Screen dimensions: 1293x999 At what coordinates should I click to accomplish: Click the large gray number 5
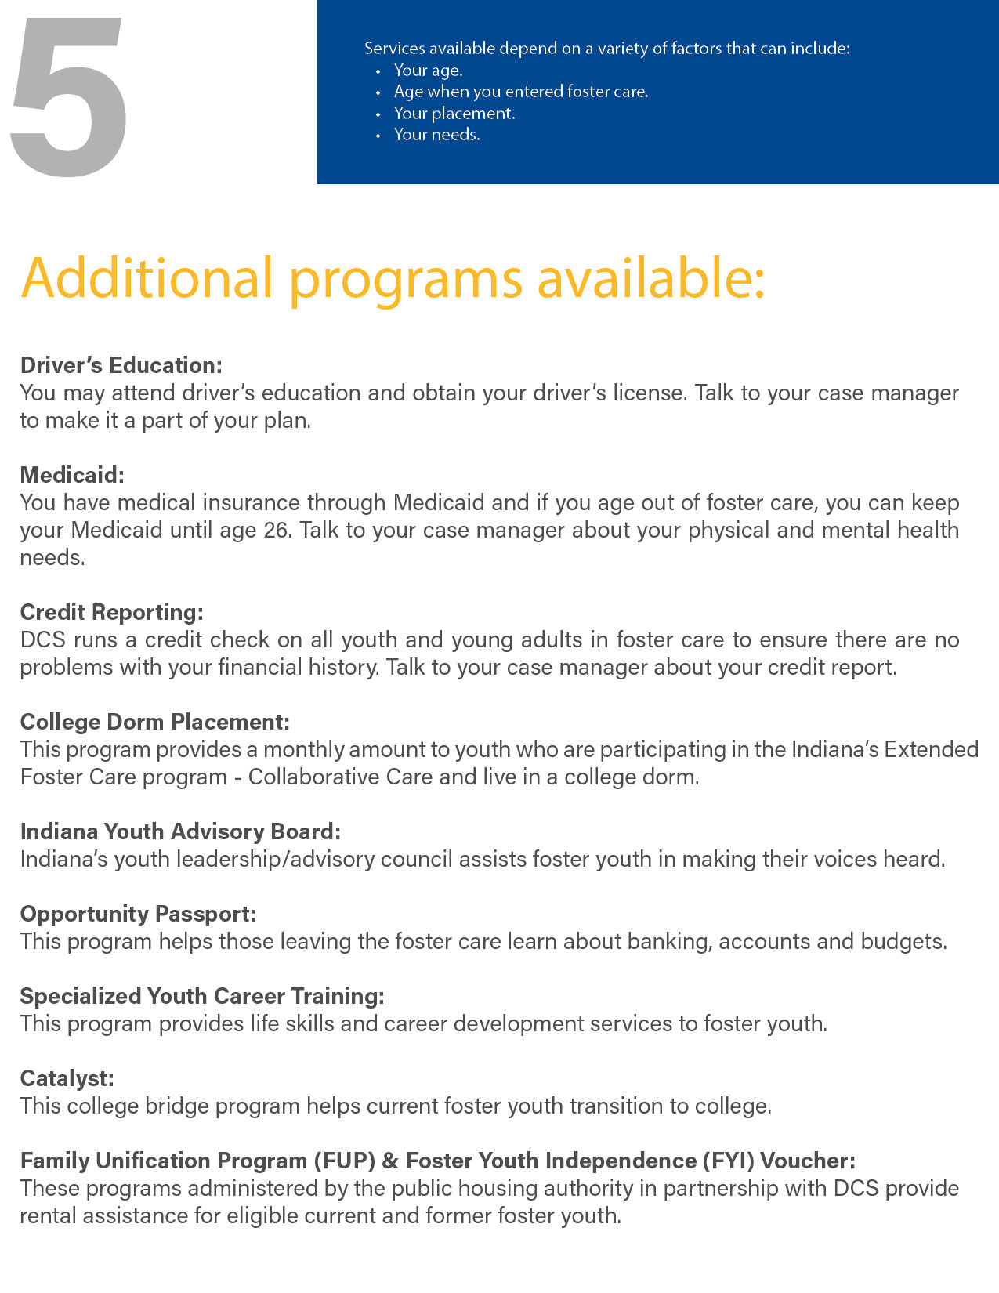coord(69,96)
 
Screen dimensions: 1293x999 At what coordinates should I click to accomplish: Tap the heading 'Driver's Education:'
coord(121,365)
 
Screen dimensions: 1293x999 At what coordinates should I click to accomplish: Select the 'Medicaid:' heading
coord(72,475)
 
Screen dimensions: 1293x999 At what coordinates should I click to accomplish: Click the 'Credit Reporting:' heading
coord(111,612)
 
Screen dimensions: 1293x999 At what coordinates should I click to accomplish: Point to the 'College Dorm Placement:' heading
coord(155,722)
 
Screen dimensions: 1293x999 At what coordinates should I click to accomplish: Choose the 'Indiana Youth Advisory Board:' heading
coord(180,831)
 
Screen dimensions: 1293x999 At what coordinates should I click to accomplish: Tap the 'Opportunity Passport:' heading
coord(138,914)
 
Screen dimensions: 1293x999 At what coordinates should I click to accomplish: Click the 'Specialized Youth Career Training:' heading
coord(202,996)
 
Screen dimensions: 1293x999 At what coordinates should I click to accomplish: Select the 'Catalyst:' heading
coord(67,1078)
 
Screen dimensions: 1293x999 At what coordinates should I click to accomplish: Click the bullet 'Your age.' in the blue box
coord(428,71)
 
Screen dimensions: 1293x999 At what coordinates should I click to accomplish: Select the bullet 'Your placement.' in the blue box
coord(454,114)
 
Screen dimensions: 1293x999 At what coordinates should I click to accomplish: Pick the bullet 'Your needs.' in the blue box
coord(436,135)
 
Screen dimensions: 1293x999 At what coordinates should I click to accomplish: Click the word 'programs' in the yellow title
coord(405,281)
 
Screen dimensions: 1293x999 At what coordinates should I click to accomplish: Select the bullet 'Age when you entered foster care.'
coord(521,92)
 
